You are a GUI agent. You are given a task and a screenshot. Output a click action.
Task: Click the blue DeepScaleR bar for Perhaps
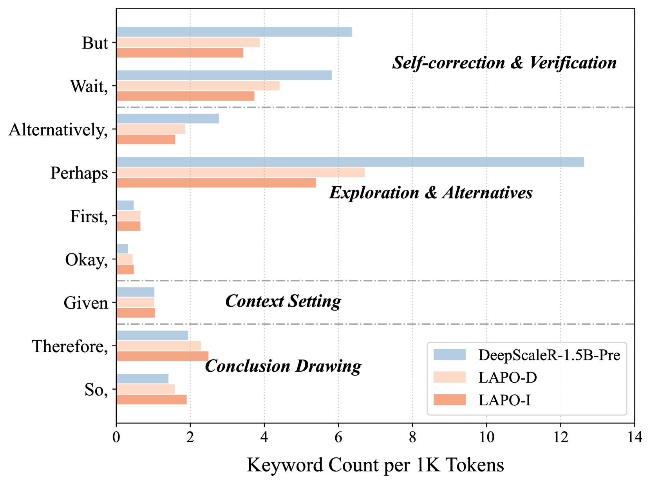(x=350, y=162)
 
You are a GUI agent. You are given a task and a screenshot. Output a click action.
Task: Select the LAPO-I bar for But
(x=179, y=53)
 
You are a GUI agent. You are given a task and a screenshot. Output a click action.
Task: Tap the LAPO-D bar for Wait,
(x=198, y=86)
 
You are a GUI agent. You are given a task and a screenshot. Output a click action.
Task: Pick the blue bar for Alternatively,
(x=167, y=119)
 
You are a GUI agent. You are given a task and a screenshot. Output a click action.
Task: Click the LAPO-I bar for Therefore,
(x=162, y=356)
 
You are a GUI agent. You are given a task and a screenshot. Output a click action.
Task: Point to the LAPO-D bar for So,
(x=145, y=389)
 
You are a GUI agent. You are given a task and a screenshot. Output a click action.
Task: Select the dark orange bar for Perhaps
(x=216, y=183)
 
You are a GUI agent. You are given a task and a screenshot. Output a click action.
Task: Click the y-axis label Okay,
(x=87, y=260)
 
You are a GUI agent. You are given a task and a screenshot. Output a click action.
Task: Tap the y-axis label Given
(x=86, y=303)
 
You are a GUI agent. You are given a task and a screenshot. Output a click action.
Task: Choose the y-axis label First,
(x=89, y=216)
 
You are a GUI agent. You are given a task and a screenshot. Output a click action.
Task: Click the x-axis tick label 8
(x=412, y=437)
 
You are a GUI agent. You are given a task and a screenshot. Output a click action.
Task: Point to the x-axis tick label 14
(x=634, y=437)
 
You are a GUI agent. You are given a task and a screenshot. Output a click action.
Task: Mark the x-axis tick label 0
(x=116, y=437)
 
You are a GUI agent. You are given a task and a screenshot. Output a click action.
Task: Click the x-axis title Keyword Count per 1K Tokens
(x=375, y=465)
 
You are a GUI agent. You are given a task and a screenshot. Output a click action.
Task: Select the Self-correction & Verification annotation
(x=504, y=63)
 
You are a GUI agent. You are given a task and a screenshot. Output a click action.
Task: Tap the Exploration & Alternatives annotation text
(x=430, y=193)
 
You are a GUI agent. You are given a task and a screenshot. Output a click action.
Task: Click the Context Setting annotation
(x=283, y=301)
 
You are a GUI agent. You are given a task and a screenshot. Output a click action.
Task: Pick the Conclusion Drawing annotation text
(x=283, y=366)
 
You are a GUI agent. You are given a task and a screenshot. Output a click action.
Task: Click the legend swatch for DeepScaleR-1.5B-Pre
(x=449, y=355)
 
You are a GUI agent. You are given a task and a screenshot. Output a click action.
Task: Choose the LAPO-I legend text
(x=505, y=400)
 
